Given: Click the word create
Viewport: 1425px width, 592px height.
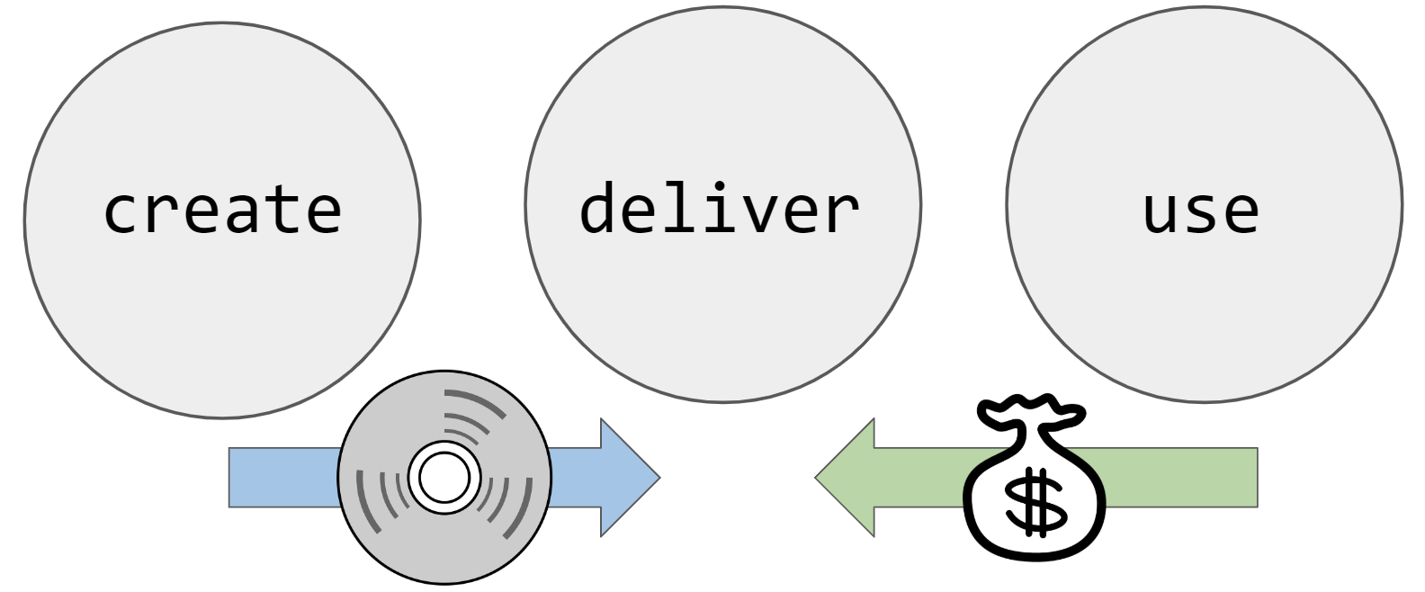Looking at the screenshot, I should click(222, 210).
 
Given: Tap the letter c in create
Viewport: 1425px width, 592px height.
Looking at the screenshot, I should click(122, 213).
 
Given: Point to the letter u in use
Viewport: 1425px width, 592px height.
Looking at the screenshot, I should click(1160, 213).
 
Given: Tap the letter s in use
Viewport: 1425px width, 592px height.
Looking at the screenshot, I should click(1201, 213).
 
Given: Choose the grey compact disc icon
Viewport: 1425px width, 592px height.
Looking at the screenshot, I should click(444, 478).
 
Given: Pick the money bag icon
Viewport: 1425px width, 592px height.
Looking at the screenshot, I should click(1035, 486).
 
